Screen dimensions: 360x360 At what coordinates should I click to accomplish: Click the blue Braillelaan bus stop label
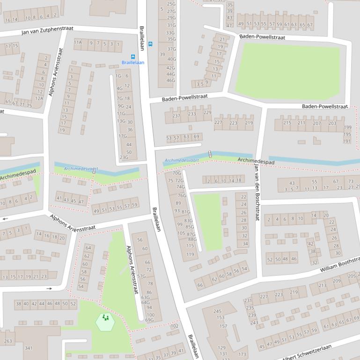[133, 63]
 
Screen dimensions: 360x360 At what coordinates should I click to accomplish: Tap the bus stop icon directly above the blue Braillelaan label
[133, 57]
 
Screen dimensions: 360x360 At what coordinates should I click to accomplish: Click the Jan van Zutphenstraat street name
[47, 31]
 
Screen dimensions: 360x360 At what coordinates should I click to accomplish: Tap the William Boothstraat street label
[339, 265]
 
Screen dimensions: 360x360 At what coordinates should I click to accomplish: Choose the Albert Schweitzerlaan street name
[307, 352]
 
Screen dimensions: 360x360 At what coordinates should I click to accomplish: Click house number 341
[29, 348]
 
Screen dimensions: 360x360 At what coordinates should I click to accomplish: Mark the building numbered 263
[8, 341]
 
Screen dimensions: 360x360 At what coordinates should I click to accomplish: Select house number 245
[218, 311]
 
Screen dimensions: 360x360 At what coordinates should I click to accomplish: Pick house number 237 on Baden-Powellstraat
[176, 116]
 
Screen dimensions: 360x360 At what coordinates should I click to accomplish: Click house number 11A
[78, 43]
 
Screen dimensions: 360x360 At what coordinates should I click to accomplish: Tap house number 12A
[39, 98]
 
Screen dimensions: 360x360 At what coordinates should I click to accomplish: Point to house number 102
[174, 326]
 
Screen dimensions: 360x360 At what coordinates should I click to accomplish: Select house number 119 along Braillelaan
[190, 254]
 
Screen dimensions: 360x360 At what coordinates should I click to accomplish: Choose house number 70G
[176, 173]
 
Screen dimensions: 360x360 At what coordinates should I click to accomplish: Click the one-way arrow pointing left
[5, 218]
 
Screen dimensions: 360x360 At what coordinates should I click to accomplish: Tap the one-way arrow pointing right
[50, 288]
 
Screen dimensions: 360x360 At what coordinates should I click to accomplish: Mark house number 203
[332, 123]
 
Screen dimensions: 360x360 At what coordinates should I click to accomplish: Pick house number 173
[242, 354]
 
